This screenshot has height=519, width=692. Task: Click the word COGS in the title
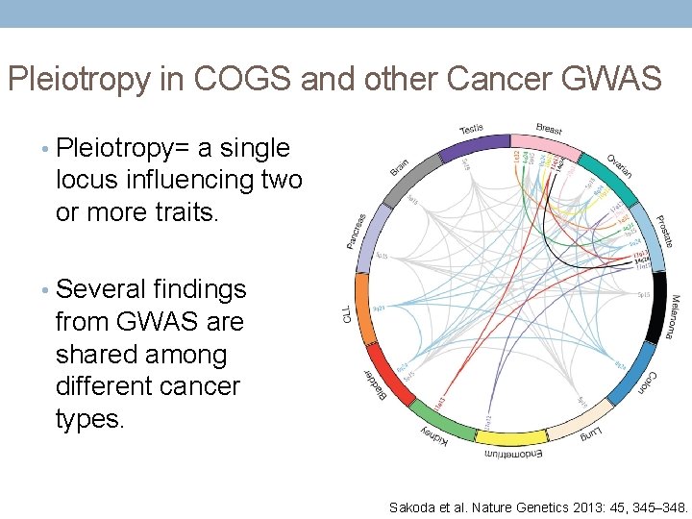[x=247, y=78]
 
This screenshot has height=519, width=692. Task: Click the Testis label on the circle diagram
[x=472, y=129]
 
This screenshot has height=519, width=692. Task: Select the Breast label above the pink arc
[x=549, y=129]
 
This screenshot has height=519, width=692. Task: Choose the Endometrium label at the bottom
[x=509, y=452]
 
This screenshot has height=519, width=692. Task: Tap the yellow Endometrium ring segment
[x=510, y=438]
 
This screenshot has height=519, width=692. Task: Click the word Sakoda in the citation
[x=412, y=507]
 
